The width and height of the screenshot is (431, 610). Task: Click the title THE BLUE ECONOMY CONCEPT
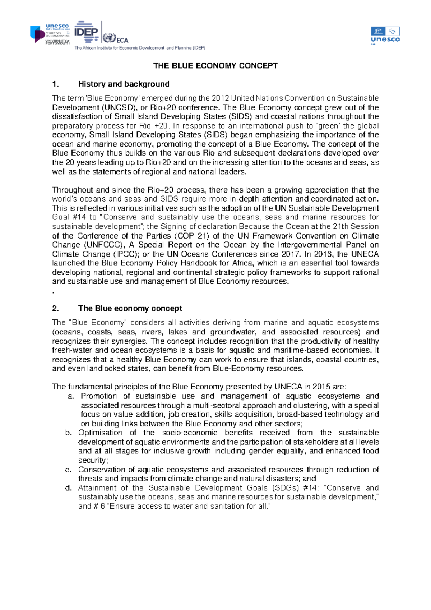pyautogui.click(x=215, y=66)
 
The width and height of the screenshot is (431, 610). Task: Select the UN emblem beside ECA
pyautogui.click(x=109, y=38)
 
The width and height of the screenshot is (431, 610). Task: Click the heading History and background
pyautogui.click(x=124, y=84)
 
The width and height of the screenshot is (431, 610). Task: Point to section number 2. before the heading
pyautogui.click(x=55, y=309)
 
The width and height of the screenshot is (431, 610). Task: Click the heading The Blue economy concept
pyautogui.click(x=130, y=309)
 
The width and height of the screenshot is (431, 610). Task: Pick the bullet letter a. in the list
pyautogui.click(x=71, y=396)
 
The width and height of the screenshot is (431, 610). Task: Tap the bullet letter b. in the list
pyautogui.click(x=69, y=433)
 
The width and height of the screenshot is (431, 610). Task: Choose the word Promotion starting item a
pyautogui.click(x=99, y=396)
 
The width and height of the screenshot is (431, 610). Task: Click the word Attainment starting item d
pyautogui.click(x=97, y=488)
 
